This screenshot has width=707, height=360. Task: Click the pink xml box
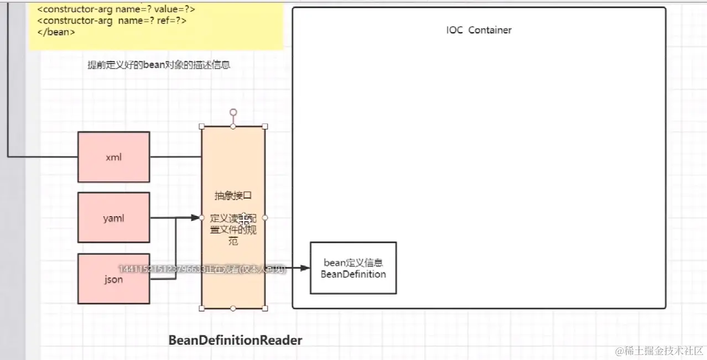tap(113, 157)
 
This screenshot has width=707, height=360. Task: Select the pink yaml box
tap(113, 218)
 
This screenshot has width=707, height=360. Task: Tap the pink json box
tap(113, 279)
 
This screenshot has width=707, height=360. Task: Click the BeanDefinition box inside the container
tap(353, 268)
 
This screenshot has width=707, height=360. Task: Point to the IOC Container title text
tap(479, 30)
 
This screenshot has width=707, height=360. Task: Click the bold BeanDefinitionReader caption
tap(235, 340)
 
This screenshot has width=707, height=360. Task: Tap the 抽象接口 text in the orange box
tap(233, 196)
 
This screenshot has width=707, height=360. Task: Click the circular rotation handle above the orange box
tap(233, 112)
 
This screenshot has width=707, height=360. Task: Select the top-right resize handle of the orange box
tap(264, 127)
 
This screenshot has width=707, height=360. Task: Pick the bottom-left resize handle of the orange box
tap(202, 308)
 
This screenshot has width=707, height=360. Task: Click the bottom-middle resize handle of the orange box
tap(233, 308)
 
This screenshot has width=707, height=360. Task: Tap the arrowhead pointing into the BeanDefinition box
tap(305, 268)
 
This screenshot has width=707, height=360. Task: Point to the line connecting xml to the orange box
tap(175, 156)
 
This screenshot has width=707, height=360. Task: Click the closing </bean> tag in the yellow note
tap(56, 32)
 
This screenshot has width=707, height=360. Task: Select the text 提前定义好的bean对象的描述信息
tap(159, 65)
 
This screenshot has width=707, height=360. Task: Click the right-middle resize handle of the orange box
tap(264, 217)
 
